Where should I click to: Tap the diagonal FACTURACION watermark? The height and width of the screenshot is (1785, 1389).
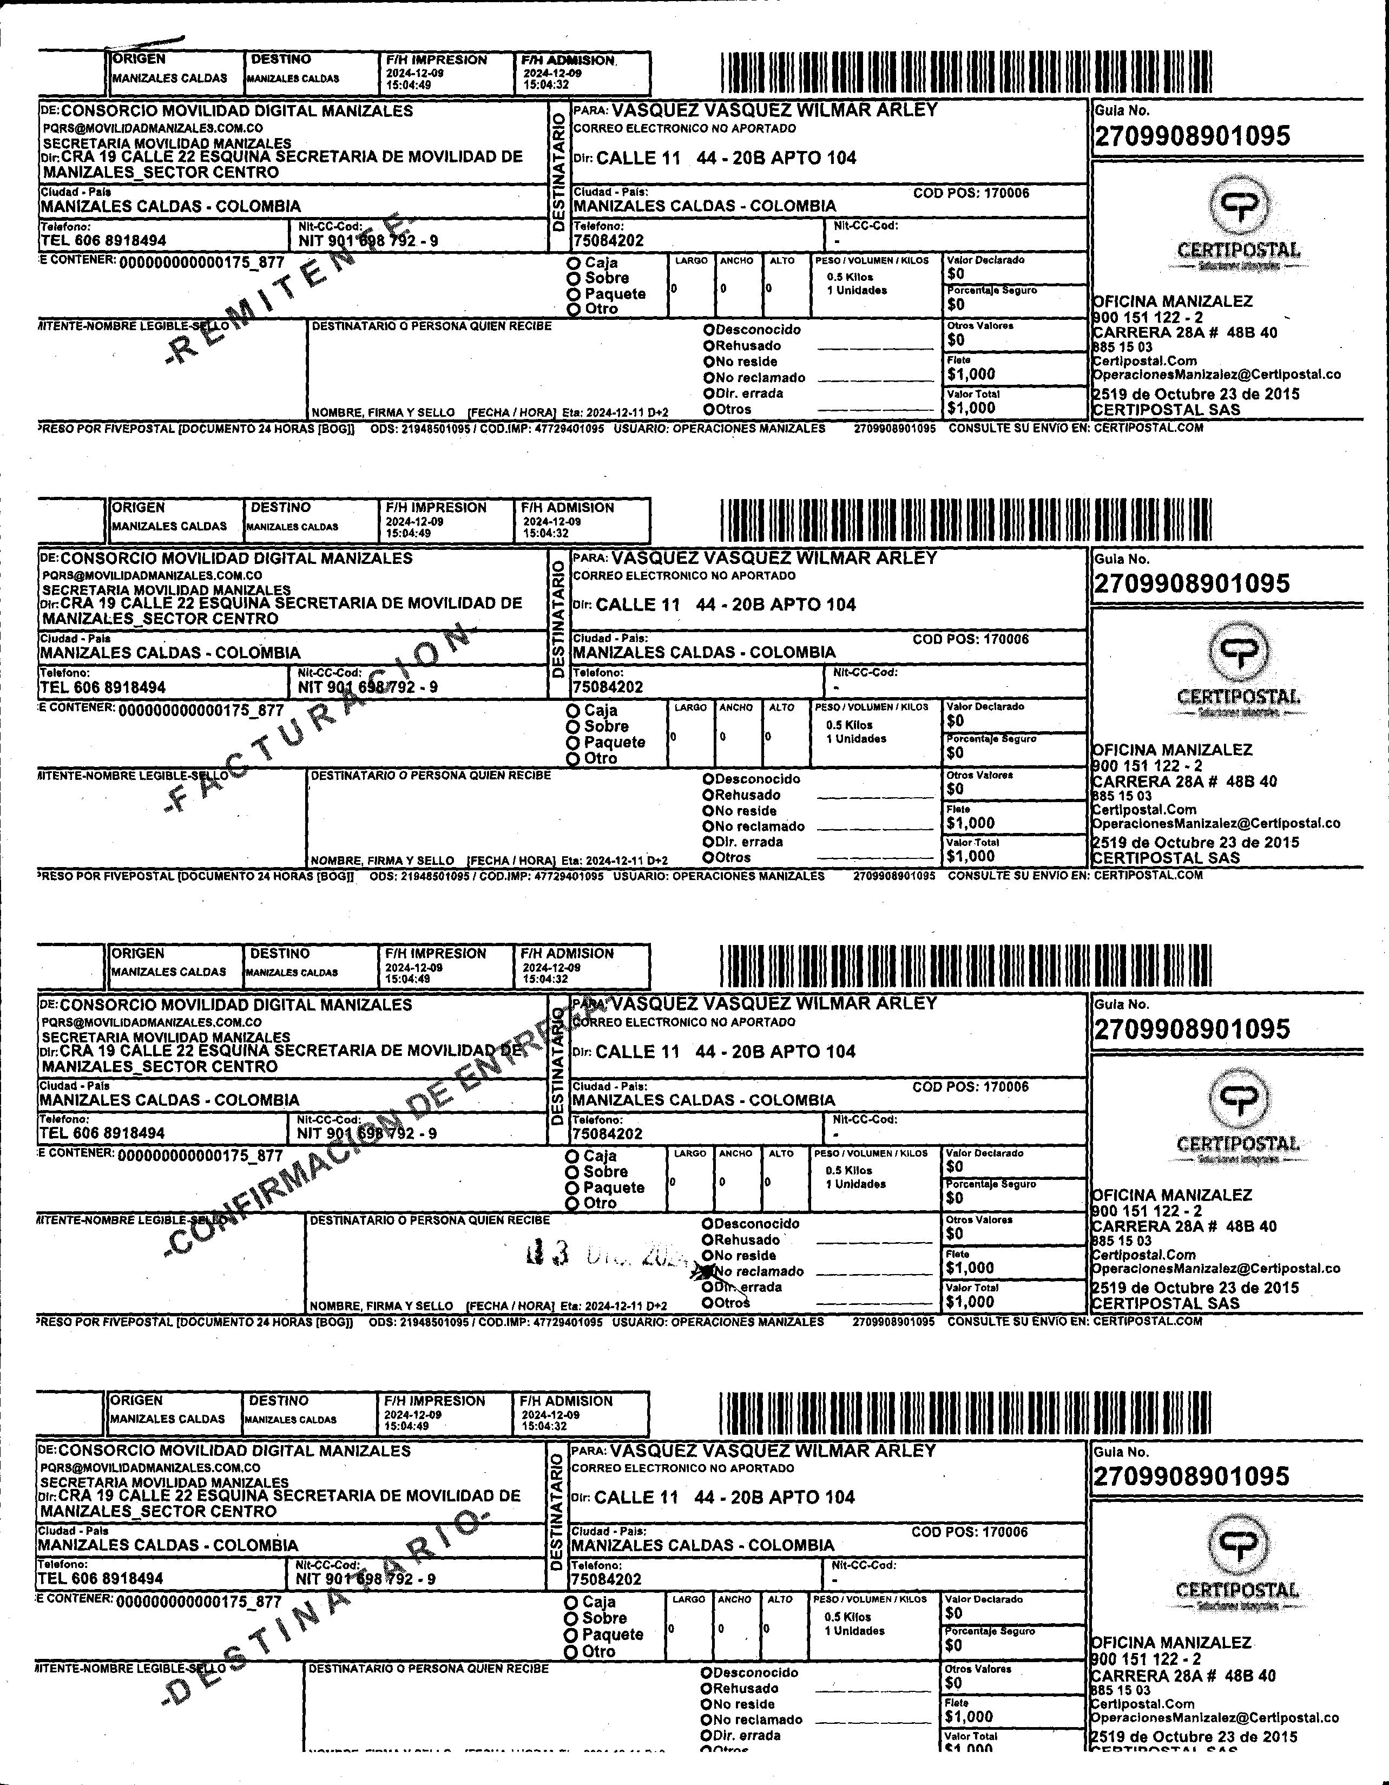point(319,719)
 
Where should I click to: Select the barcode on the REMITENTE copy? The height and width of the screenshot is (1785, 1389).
point(966,73)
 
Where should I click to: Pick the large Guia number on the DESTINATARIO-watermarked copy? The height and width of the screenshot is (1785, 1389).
point(1191,1476)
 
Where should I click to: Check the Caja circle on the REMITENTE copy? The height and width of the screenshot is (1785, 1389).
point(574,263)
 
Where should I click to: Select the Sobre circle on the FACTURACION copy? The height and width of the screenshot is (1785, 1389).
point(574,726)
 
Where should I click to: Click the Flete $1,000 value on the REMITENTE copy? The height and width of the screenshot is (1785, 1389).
point(971,375)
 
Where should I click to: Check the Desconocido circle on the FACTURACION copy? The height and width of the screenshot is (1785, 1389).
point(709,779)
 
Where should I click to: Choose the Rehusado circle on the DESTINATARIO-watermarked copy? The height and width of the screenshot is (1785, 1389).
point(707,1689)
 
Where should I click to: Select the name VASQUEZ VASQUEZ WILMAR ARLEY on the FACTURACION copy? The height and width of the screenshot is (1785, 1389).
point(774,558)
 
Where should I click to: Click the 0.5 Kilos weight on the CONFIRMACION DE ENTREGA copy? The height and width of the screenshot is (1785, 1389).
point(848,1170)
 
